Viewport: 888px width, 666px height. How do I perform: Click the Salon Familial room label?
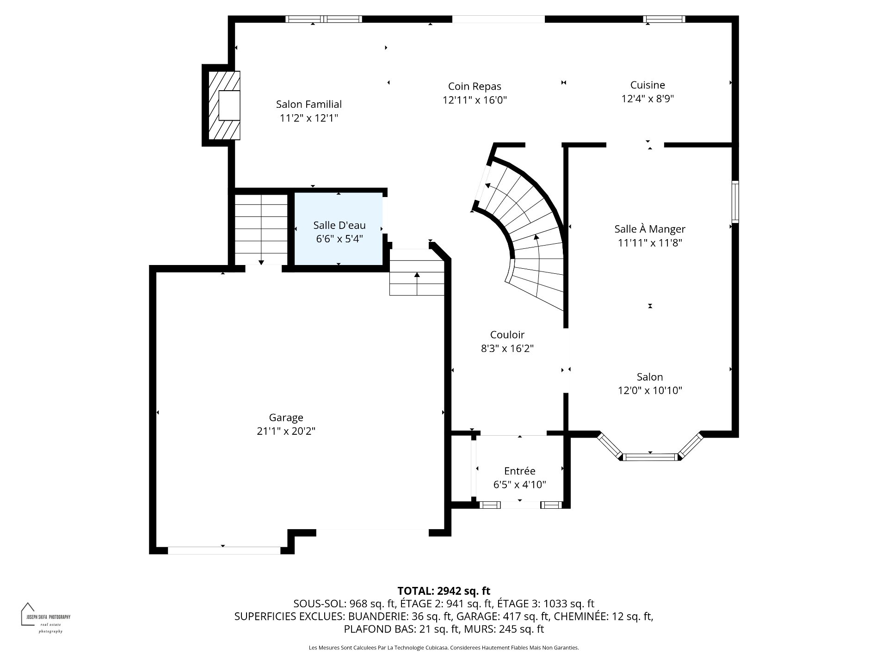coord(309,105)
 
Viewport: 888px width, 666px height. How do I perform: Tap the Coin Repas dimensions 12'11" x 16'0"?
coord(475,100)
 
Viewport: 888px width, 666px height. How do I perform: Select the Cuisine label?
coord(647,85)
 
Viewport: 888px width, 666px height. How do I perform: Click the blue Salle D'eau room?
coord(339,229)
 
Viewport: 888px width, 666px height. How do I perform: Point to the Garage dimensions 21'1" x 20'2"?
coord(286,431)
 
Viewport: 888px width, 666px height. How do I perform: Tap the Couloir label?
coord(507,334)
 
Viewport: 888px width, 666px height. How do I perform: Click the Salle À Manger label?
coord(650,229)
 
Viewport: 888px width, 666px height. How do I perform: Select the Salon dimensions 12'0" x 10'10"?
coord(650,390)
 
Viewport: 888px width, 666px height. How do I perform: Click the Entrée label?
coord(520,471)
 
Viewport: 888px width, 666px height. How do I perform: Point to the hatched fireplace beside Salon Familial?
coord(224,105)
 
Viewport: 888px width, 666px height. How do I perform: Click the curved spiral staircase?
coord(523,231)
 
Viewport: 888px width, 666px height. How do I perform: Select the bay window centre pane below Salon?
coord(650,457)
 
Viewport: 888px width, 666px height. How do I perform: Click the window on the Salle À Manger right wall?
coord(735,202)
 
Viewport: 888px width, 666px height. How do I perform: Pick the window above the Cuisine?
coord(664,19)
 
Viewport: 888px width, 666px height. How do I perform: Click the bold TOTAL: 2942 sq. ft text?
coord(444,591)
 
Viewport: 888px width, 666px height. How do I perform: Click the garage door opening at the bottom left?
coord(224,550)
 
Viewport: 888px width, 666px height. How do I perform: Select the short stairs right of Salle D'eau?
coord(417,272)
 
